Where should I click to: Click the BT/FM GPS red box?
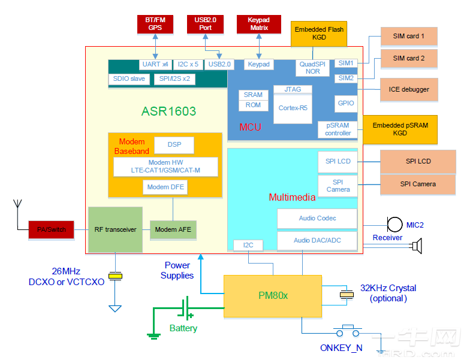coord(155,24)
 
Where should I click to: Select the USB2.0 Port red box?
coord(205,24)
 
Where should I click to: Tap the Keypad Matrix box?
coord(259,24)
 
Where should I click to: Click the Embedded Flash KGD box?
coord(319,34)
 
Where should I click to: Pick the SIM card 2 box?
coord(408,59)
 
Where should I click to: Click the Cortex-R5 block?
coord(293,108)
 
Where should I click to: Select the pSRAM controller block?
coord(338,129)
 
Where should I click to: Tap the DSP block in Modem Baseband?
coord(174,145)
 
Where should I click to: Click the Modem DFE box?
coord(165,187)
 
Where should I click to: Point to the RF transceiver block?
coord(115,229)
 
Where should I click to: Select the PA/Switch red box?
coord(51,229)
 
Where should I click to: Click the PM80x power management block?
coord(273,296)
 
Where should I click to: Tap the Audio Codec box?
coord(317,219)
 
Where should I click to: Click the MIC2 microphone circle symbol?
coord(394,224)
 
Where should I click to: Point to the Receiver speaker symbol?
coord(416,245)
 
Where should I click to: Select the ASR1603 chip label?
coord(168,111)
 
